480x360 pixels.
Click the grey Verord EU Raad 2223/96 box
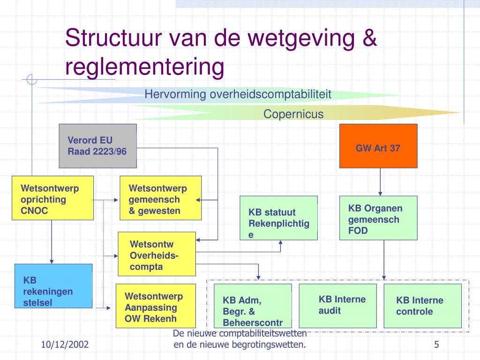tap(97, 146)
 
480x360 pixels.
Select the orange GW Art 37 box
tap(378, 146)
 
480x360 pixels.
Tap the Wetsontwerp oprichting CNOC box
tap(52, 198)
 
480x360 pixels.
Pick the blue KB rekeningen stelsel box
tap(53, 285)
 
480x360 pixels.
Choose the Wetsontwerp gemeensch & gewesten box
tap(160, 198)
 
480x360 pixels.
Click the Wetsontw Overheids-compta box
tap(157, 254)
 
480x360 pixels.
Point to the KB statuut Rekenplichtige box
tap(278, 217)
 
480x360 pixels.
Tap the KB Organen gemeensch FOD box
tap(378, 217)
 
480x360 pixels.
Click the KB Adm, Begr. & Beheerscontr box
tap(253, 306)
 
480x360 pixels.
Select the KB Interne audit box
tap(337, 306)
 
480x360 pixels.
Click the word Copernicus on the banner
tap(293, 114)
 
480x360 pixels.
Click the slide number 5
tap(436, 345)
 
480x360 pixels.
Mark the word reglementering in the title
tap(145, 67)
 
